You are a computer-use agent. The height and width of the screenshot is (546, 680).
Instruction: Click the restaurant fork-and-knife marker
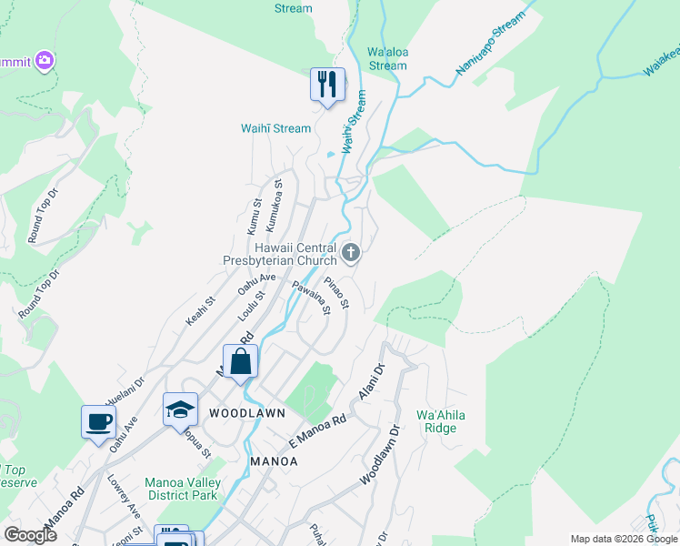pos(325,85)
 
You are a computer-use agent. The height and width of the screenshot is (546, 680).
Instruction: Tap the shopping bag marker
pos(240,361)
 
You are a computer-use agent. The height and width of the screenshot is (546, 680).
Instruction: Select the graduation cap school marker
pos(180,409)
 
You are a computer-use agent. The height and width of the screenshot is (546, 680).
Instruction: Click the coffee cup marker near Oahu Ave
pos(98,422)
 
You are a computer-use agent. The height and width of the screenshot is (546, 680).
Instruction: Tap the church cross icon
pos(352,252)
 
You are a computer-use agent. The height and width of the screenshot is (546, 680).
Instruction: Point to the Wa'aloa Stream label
pos(387,59)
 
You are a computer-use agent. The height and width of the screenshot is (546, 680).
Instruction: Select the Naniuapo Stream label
pos(490,43)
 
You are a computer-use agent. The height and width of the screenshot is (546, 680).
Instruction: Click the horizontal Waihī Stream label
pos(275,128)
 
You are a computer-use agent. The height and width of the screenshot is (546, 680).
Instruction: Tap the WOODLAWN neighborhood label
pos(247,413)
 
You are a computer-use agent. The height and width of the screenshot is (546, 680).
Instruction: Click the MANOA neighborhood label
pos(274,461)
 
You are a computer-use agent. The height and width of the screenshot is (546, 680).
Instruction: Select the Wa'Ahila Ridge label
pos(441,421)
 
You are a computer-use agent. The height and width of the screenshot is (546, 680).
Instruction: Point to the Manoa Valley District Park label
pos(181,489)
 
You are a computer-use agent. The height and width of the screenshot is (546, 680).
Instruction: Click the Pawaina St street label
pos(310,299)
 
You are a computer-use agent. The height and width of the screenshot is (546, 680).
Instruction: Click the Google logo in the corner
pos(30,534)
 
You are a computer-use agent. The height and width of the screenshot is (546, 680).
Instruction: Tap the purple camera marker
pos(44,61)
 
